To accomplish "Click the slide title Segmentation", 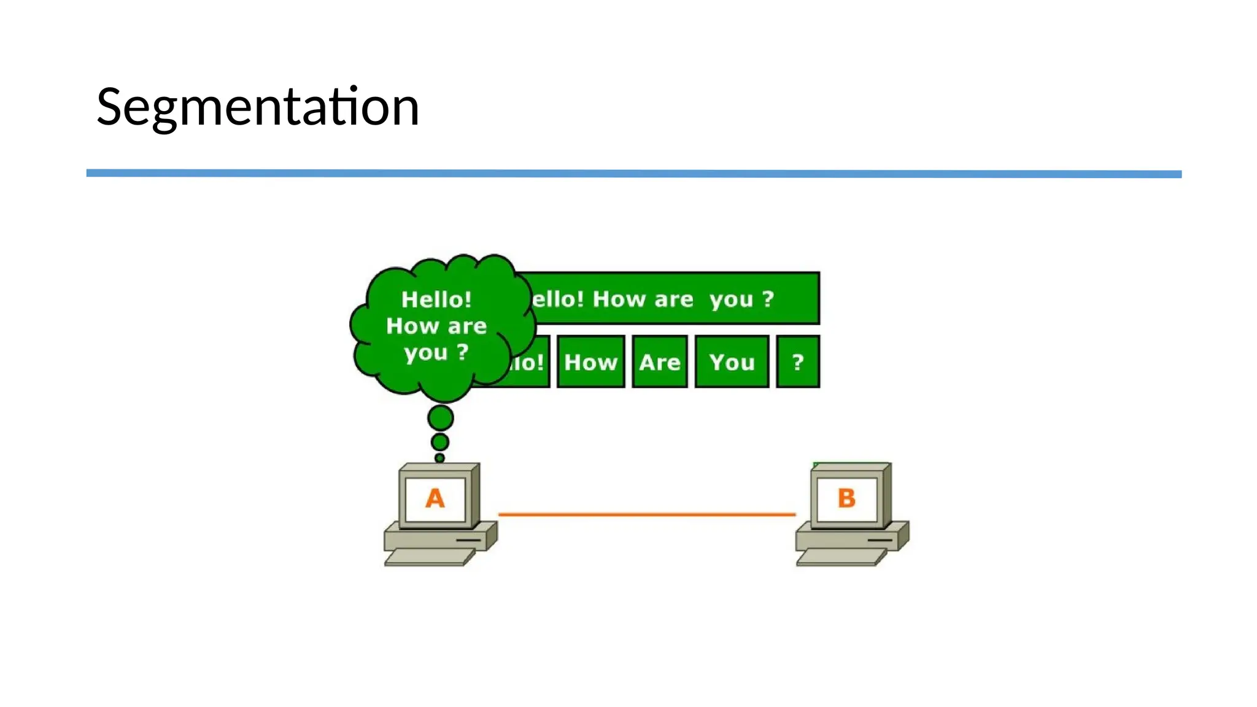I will (x=258, y=107).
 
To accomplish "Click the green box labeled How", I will (x=590, y=362).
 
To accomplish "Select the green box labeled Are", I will (x=660, y=362).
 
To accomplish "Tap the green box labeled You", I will (x=732, y=362).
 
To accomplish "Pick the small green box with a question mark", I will (x=798, y=362).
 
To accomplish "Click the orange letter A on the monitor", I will (x=435, y=498).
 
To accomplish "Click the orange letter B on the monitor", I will (x=846, y=498).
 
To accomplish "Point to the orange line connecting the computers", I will (x=647, y=514).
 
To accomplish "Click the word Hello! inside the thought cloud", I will (x=436, y=299).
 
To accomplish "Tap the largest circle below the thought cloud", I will (x=441, y=418).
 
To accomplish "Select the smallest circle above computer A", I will (x=439, y=458).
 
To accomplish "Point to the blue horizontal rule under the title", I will (x=633, y=174).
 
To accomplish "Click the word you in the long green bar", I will (x=731, y=299).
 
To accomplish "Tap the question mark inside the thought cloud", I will (x=463, y=352).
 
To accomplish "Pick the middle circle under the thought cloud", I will (x=440, y=442).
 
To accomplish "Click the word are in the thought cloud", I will (x=467, y=326).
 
